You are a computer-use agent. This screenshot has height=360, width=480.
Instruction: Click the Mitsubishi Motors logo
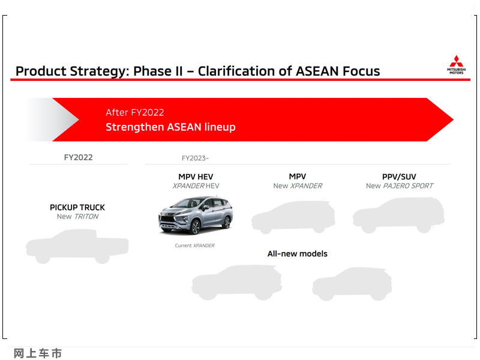(x=456, y=65)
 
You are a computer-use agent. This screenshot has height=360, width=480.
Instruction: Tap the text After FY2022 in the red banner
(x=134, y=112)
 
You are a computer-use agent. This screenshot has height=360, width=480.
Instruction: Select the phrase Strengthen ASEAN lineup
(x=170, y=127)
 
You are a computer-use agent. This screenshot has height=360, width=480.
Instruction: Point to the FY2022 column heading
(x=78, y=157)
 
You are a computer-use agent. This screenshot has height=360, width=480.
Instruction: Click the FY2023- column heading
(x=195, y=158)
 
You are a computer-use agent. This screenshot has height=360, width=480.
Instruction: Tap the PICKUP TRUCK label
(x=77, y=207)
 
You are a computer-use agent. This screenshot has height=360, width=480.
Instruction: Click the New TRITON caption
(x=78, y=217)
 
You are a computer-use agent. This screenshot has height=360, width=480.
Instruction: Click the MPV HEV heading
(x=196, y=176)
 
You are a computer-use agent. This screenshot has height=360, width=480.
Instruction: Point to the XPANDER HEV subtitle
(x=196, y=186)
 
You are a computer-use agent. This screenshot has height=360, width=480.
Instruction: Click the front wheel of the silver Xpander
(x=194, y=227)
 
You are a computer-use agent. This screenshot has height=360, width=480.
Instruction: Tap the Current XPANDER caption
(x=194, y=245)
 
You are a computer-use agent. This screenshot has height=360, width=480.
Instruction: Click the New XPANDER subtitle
(x=298, y=186)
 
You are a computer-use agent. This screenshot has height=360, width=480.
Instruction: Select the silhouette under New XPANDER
(x=293, y=217)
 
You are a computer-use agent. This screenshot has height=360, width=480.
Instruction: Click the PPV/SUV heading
(x=399, y=176)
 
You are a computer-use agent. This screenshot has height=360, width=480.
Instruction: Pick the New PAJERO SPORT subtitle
(x=400, y=186)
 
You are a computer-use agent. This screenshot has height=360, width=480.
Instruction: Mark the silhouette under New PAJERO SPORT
(x=398, y=215)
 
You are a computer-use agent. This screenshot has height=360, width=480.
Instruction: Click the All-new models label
(x=297, y=253)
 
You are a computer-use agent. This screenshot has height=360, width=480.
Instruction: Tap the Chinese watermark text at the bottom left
(x=38, y=353)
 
